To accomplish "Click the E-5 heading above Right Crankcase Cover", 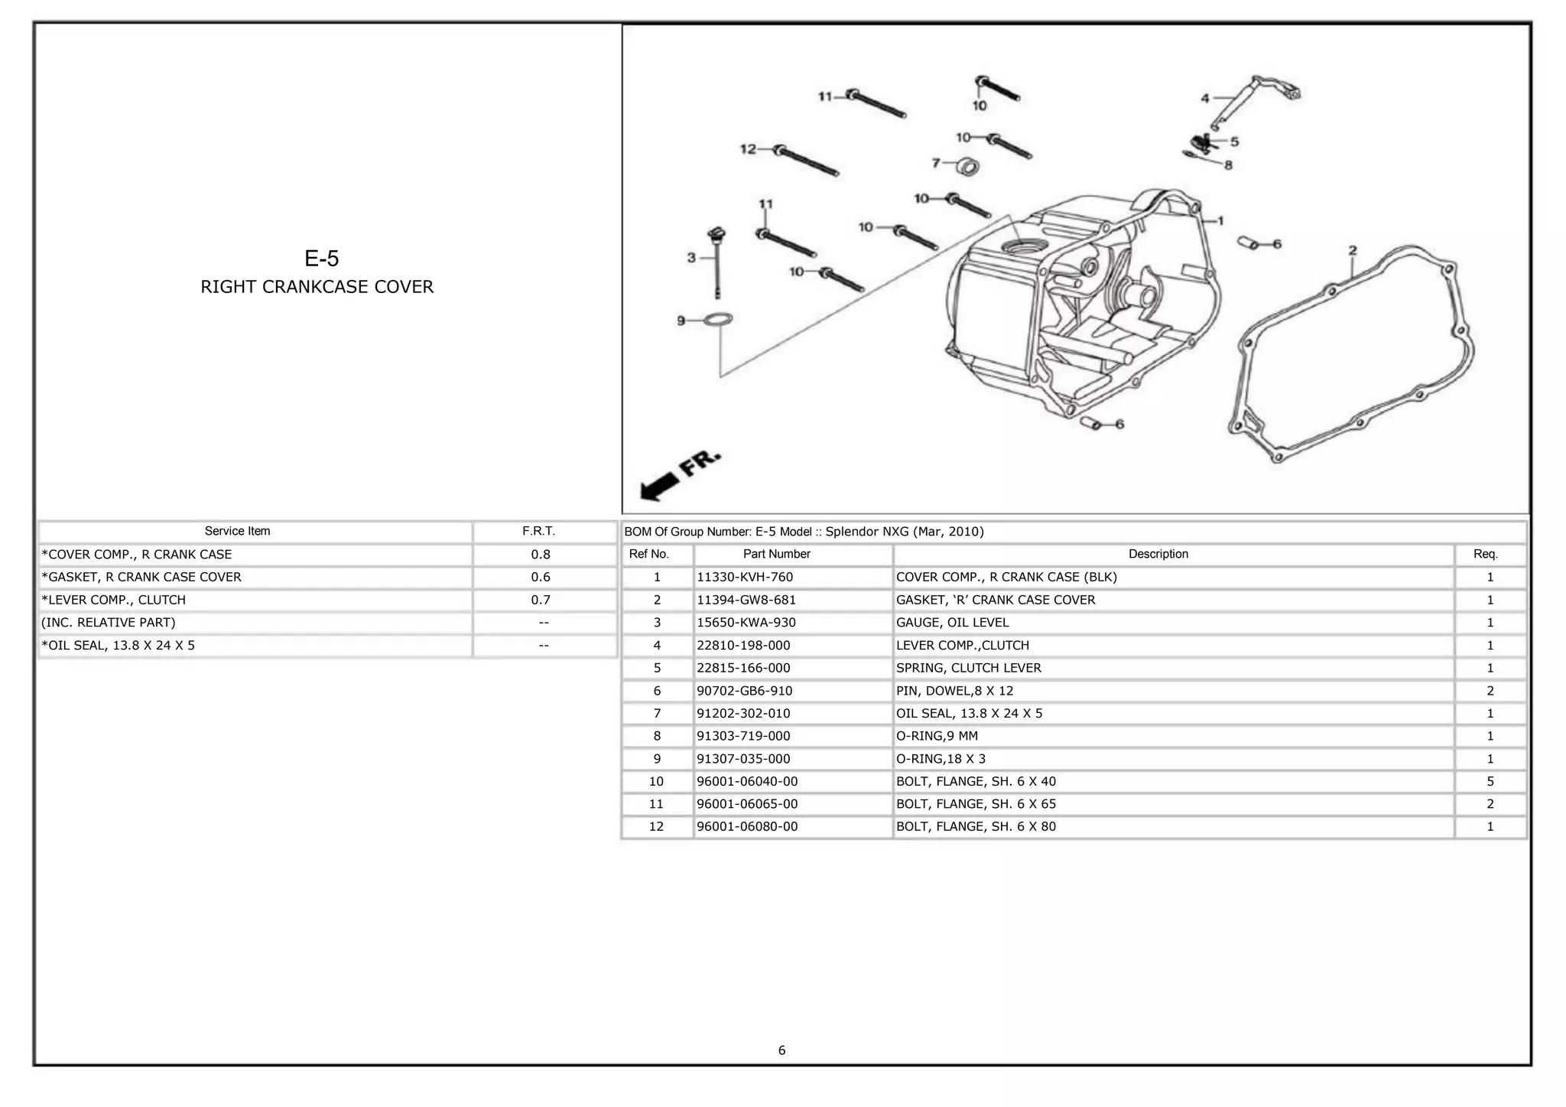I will pyautogui.click(x=321, y=259).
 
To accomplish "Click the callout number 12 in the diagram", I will pyautogui.click(x=748, y=149).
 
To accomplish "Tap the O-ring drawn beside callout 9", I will pyautogui.click(x=718, y=320).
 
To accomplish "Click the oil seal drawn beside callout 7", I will pyautogui.click(x=968, y=165).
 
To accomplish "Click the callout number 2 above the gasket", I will pyautogui.click(x=1353, y=251).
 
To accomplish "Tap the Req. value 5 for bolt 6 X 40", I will pyautogui.click(x=1490, y=782).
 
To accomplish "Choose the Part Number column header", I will pyautogui.click(x=776, y=554).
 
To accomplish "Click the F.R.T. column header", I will pyautogui.click(x=539, y=531).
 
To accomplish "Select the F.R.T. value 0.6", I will pyautogui.click(x=541, y=578).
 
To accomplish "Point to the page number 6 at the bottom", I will pyautogui.click(x=781, y=1050).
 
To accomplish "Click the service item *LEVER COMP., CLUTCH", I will pyautogui.click(x=114, y=601).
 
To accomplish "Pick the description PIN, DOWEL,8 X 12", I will pyautogui.click(x=954, y=691).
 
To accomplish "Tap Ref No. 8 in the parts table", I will pyautogui.click(x=656, y=736).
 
